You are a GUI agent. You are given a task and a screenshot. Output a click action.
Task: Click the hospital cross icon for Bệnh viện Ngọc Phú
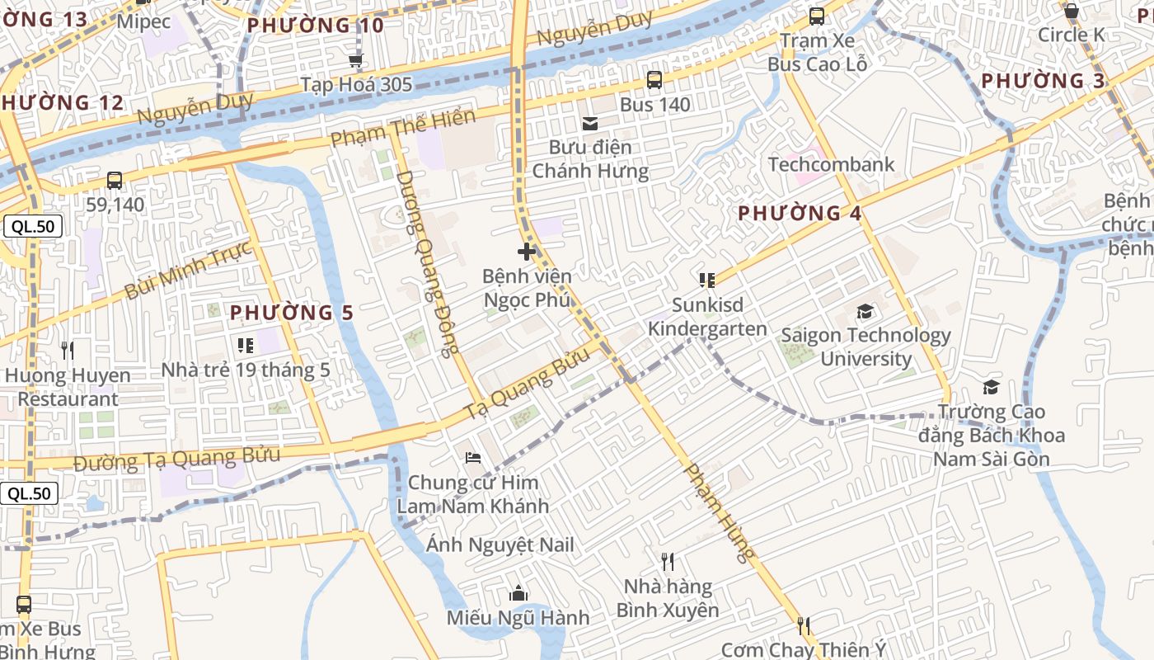pos(527,252)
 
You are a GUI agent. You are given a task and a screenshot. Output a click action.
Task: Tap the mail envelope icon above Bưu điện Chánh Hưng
pos(590,124)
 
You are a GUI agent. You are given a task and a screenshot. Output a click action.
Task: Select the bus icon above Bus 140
pos(654,80)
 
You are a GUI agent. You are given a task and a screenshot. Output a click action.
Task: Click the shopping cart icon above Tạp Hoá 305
pos(356,59)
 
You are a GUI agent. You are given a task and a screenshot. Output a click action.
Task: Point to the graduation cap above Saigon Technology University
pos(865,311)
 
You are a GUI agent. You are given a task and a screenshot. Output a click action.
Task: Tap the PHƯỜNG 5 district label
pos(291,313)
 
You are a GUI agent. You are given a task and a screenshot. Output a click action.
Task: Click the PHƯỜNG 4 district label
pos(799,214)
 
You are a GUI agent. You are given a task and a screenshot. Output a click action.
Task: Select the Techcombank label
pos(831,164)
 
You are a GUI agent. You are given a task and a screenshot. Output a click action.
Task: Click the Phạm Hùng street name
pos(720,511)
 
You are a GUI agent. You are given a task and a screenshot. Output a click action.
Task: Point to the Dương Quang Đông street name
pos(427,264)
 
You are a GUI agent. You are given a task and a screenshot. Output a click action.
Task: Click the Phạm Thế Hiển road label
pos(403,129)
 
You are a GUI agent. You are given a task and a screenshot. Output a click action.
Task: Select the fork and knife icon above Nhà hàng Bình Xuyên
pos(668,562)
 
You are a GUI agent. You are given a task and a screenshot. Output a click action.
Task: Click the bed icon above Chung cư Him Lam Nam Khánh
pos(472,457)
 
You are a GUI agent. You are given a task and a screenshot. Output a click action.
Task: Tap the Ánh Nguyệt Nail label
pos(500,544)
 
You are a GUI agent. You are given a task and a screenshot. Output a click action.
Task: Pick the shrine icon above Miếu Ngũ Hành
pos(518,592)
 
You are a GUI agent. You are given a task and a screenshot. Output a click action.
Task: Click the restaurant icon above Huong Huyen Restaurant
pos(68,351)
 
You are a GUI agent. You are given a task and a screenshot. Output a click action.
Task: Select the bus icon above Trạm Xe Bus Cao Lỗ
pos(816,16)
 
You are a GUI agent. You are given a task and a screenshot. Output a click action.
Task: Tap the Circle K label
pos(1071,35)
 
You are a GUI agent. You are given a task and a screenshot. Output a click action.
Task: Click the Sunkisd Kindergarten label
pos(706,317)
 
